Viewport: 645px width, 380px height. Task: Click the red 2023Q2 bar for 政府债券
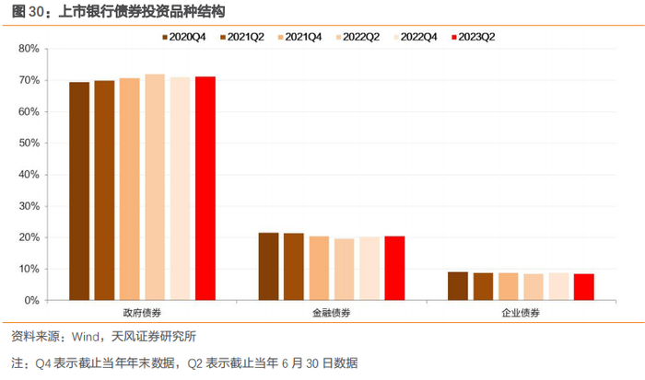[205, 189]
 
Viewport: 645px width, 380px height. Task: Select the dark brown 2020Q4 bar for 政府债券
[79, 191]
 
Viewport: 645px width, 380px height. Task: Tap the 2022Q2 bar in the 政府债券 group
[155, 188]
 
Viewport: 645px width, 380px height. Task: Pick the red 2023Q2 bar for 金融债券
[395, 269]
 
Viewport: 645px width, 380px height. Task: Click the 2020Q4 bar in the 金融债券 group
[269, 267]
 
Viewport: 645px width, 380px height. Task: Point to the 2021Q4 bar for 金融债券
[319, 269]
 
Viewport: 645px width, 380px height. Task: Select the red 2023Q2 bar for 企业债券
[584, 287]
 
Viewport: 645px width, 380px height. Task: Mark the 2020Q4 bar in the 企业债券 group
[458, 286]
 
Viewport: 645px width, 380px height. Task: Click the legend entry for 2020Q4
[184, 37]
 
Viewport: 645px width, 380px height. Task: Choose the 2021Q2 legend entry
[241, 37]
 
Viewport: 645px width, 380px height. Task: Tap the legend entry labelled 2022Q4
[415, 37]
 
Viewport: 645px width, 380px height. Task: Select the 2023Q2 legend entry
[473, 37]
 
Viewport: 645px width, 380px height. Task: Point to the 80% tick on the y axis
[29, 49]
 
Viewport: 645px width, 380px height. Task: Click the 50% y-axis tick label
[29, 144]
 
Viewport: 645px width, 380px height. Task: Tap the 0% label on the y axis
[31, 301]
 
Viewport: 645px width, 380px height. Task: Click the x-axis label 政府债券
[142, 313]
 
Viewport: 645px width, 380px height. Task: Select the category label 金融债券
[332, 313]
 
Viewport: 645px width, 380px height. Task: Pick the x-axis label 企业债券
[521, 313]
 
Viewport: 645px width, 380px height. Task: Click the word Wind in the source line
[86, 337]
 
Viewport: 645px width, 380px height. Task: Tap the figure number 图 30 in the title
[28, 12]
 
